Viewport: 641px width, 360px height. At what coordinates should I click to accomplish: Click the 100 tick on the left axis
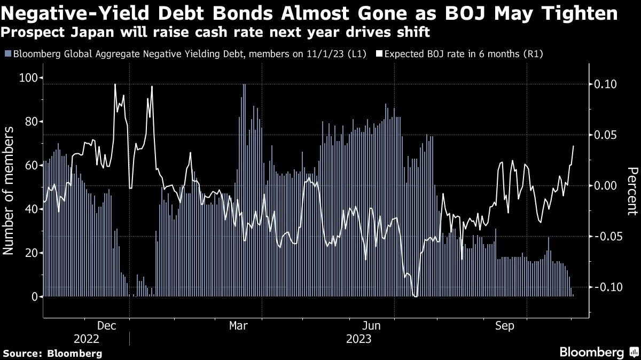(x=30, y=78)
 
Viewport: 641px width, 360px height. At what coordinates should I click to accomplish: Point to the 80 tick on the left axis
(x=33, y=122)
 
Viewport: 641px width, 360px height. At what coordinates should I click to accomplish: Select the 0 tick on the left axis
(x=35, y=297)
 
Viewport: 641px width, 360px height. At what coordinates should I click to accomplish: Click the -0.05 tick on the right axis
(x=606, y=237)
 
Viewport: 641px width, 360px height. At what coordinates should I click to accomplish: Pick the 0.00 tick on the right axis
(x=604, y=186)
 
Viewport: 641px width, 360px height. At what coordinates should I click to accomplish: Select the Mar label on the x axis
(x=238, y=325)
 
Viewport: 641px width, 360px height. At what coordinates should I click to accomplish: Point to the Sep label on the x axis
(x=504, y=325)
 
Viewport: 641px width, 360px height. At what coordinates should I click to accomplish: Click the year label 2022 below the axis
(x=87, y=339)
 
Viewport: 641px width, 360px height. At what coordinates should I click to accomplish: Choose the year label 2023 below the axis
(x=358, y=339)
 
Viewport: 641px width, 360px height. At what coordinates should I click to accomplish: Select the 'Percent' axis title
(x=632, y=191)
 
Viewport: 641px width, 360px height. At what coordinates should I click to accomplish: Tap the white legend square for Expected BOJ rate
(x=379, y=54)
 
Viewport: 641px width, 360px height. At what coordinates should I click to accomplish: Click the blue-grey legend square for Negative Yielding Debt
(x=7, y=54)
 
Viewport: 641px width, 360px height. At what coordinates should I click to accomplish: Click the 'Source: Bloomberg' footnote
(x=52, y=354)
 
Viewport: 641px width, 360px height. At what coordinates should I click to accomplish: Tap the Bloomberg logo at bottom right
(x=598, y=353)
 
